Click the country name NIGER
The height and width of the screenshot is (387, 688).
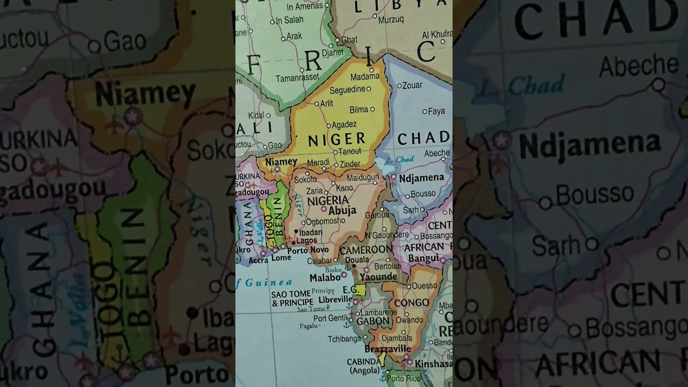pos(336,139)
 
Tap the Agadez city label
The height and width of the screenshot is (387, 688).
pos(345,124)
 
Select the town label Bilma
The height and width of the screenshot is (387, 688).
pos(359,110)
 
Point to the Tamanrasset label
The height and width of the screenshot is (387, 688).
pos(297,78)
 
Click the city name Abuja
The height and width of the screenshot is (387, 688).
pos(342,211)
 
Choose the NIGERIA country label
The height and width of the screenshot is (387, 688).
pos(327,200)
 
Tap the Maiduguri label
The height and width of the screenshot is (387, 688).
pos(363,177)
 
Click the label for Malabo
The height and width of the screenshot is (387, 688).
pos(325,277)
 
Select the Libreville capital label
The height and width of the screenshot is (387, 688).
pos(335,299)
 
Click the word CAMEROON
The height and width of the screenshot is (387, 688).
pos(365,250)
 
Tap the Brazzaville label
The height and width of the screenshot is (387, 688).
pos(388,349)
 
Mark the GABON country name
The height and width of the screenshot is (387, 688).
pos(372,321)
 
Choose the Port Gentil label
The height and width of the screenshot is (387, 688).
pos(331,318)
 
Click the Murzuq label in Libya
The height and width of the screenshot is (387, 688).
pos(391,19)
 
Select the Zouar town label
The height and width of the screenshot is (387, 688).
pos(412,85)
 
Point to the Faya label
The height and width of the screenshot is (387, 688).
pos(436,111)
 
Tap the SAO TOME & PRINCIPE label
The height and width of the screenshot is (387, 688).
pos(292,298)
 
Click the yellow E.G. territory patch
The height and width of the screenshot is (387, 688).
pos(360,290)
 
